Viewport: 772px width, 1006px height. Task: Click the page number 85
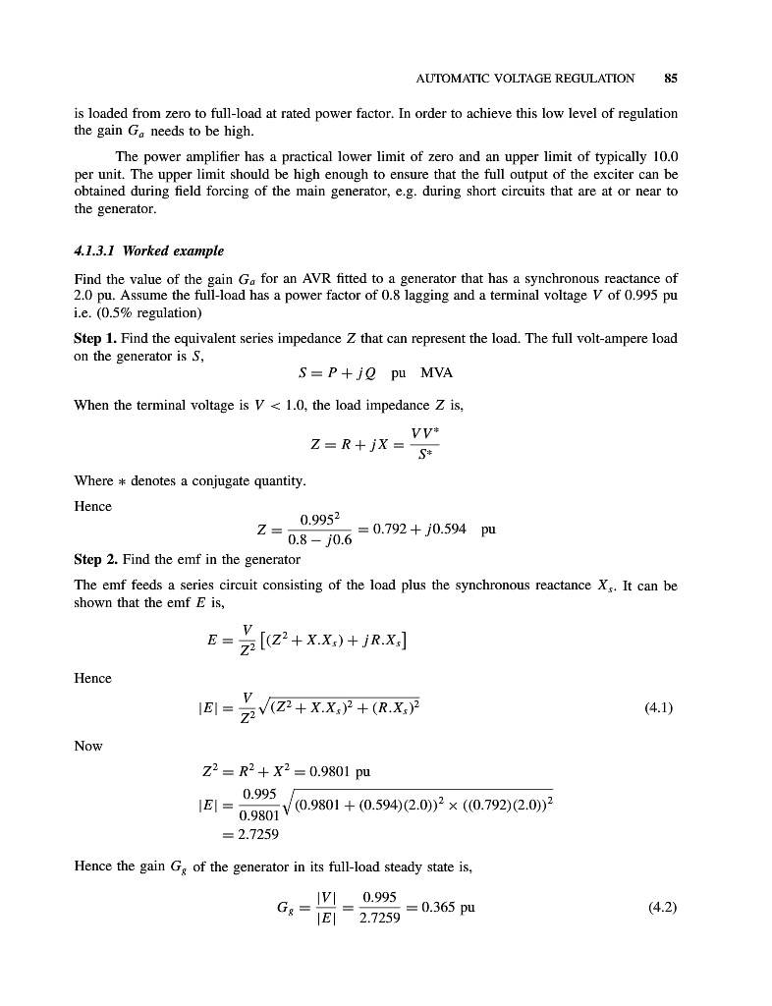671,78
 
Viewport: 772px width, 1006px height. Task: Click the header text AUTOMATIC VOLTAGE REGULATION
525,78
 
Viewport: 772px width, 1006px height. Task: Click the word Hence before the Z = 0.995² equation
93,506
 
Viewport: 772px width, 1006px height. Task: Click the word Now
88,747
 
